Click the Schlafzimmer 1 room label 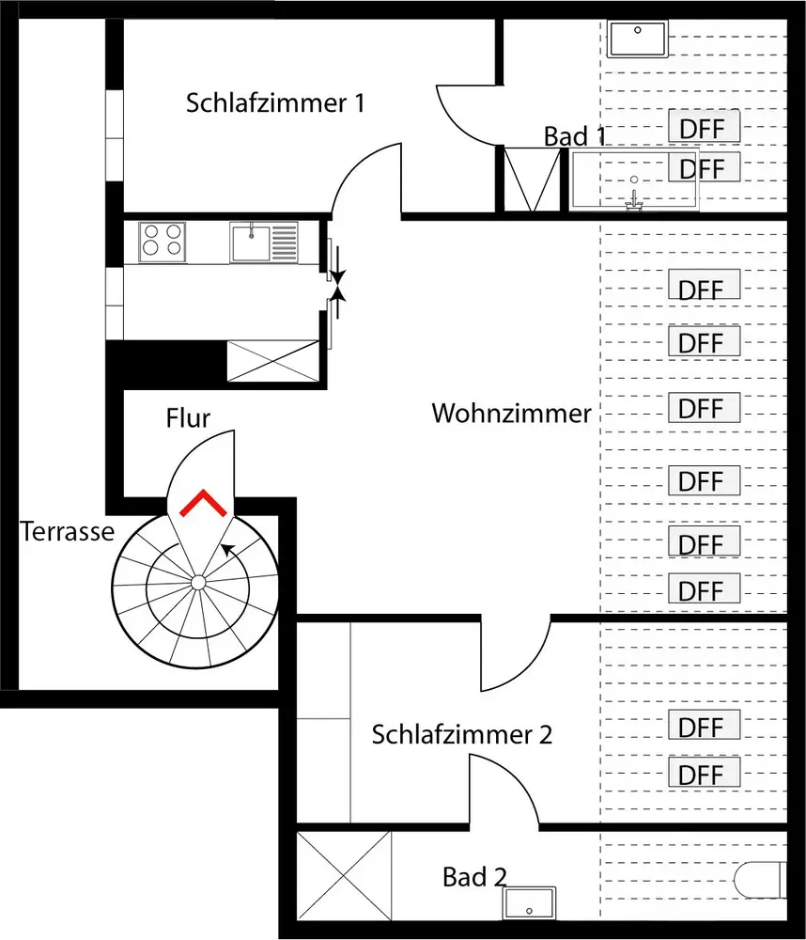coord(274,102)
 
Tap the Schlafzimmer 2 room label coord(461,734)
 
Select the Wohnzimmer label coord(511,414)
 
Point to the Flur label coord(188,417)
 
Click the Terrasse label coord(67,532)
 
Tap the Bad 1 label coord(574,136)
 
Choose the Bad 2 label coord(474,878)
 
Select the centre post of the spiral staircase coord(198,583)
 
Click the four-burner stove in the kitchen coord(162,240)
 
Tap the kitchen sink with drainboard coord(264,242)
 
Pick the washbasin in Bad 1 coord(637,40)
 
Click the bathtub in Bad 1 coord(633,180)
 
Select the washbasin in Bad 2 coord(530,904)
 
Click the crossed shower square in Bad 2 coord(343,876)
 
